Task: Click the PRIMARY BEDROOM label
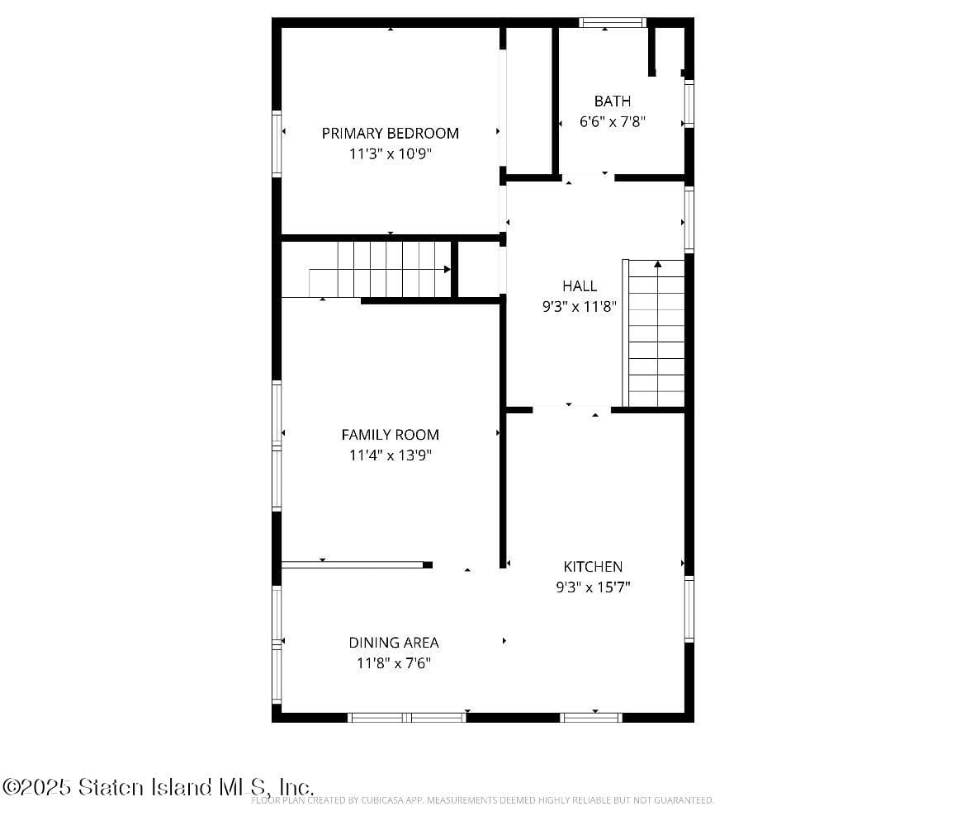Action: (x=390, y=133)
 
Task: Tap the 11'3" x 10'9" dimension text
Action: (x=390, y=153)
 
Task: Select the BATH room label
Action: (x=612, y=101)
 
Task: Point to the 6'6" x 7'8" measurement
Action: (x=612, y=121)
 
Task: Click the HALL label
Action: (x=580, y=285)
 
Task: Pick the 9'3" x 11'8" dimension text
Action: (x=580, y=306)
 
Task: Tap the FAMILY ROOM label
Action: (x=390, y=434)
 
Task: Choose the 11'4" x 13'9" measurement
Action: (x=390, y=455)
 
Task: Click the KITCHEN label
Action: (x=593, y=566)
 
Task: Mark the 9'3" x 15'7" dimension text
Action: (x=593, y=587)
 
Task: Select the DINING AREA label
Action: (x=393, y=642)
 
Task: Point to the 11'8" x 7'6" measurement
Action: (x=393, y=662)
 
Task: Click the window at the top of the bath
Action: (x=612, y=22)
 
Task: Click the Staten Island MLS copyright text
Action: (x=157, y=786)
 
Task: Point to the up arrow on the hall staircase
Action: (x=658, y=265)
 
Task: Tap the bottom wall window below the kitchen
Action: (x=591, y=718)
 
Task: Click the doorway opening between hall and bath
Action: (x=587, y=177)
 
